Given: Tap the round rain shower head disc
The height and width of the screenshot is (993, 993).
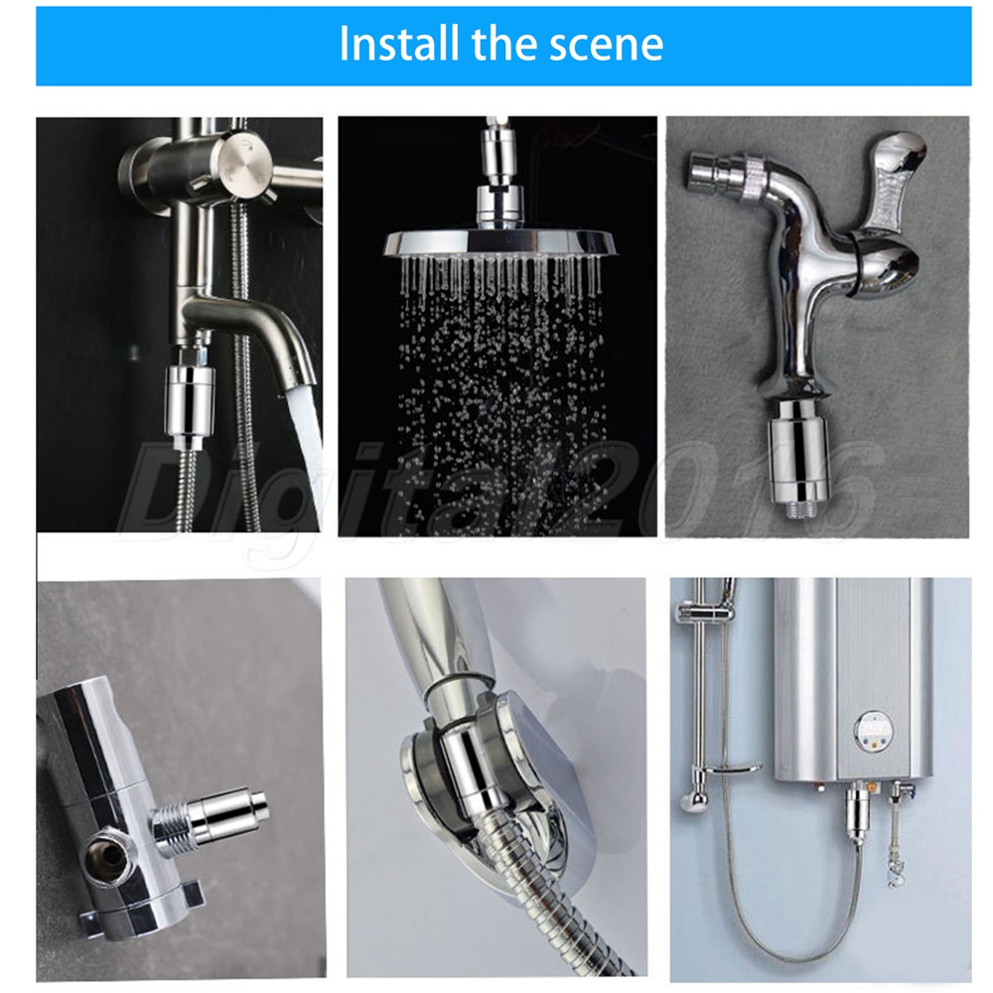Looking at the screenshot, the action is coord(500,244).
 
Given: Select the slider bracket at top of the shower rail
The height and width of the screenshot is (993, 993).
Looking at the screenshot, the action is coord(703,611).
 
